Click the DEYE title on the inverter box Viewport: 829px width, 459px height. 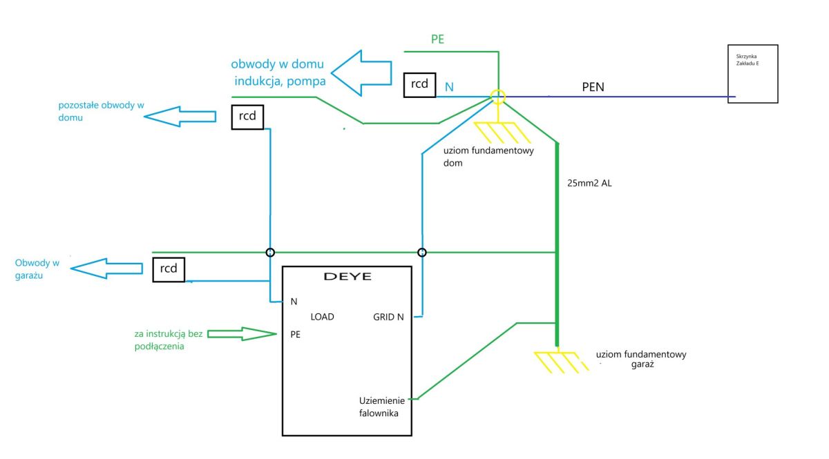[x=347, y=277]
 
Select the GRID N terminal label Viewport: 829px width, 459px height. [x=388, y=317]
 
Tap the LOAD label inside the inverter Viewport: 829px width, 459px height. [x=322, y=317]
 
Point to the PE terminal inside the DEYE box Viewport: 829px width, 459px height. [x=296, y=334]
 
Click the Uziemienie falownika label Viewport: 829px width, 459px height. [x=381, y=407]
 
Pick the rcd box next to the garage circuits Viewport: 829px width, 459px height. [x=169, y=270]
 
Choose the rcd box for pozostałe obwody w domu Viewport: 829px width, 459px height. [x=247, y=117]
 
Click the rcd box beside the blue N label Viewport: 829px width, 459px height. [x=420, y=85]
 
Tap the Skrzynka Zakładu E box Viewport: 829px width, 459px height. [x=753, y=74]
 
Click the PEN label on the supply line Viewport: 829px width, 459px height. [x=593, y=87]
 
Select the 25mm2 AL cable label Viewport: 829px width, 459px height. [x=589, y=183]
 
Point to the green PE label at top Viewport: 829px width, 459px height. [x=437, y=39]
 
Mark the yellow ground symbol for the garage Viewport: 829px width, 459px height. [x=561, y=362]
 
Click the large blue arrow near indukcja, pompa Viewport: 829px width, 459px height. [x=361, y=73]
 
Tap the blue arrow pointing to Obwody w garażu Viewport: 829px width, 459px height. [x=106, y=268]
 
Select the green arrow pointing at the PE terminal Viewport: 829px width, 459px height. [x=242, y=334]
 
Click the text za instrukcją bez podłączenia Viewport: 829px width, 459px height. [x=169, y=340]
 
